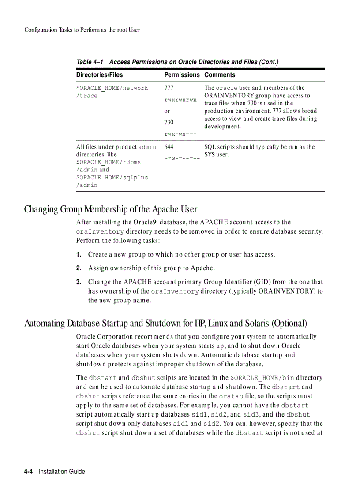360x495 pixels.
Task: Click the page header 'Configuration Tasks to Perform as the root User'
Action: pos(82,30)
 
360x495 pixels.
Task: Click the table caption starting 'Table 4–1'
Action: pos(177,62)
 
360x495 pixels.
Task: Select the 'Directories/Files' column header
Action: pos(99,75)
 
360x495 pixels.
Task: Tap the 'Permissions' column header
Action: pos(182,75)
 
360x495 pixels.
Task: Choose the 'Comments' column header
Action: pos(220,75)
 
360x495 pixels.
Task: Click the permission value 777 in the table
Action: pos(169,88)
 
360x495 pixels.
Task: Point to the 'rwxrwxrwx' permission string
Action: pos(180,100)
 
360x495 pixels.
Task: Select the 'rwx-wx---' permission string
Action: pos(180,133)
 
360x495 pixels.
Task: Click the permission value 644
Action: pos(169,147)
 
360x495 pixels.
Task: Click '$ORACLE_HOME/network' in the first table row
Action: pos(112,88)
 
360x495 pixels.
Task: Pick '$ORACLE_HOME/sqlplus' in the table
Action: pos(112,177)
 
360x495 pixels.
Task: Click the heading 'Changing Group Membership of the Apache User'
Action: pos(111,209)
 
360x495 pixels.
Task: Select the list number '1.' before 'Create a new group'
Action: pos(79,255)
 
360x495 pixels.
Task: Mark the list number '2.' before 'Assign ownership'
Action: pos(79,268)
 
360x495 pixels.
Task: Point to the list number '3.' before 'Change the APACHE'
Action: pos(79,282)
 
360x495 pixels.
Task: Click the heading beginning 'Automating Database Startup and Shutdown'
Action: pos(165,323)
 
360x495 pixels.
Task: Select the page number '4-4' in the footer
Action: pos(30,472)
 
